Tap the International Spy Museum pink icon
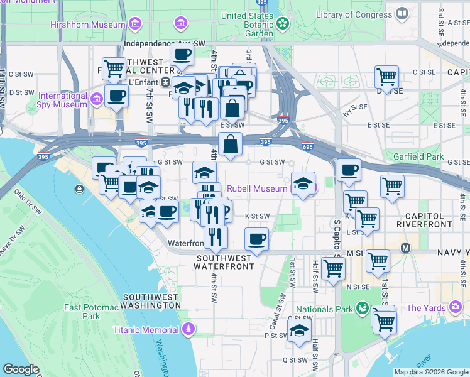(97, 99)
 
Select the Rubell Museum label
(256, 188)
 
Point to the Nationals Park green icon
(362, 309)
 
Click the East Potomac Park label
(91, 312)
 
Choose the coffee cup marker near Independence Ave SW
(182, 55)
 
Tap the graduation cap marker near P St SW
(300, 330)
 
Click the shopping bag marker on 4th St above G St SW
(231, 144)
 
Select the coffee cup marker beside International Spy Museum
(117, 96)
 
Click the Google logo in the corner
(21, 369)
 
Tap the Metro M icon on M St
(406, 248)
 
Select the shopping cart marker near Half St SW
(333, 268)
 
